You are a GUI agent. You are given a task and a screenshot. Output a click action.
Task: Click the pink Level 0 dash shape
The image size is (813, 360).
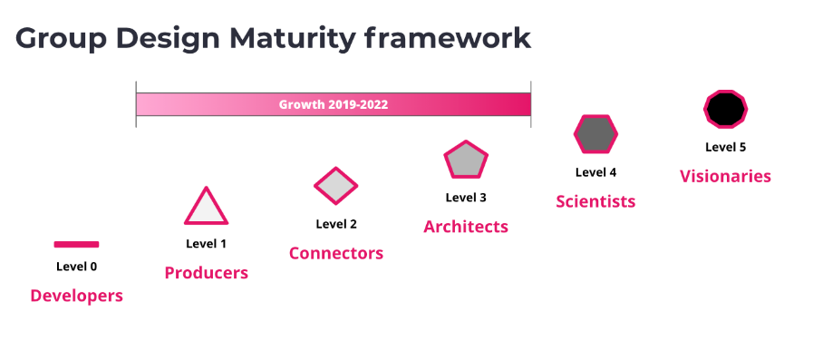click(76, 244)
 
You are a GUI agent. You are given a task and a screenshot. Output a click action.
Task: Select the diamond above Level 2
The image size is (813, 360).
click(336, 186)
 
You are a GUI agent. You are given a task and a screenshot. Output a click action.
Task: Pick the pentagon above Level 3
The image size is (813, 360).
click(466, 160)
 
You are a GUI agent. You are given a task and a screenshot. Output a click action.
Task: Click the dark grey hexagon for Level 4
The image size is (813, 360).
click(595, 134)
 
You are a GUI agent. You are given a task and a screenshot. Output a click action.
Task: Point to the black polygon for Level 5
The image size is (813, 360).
click(725, 109)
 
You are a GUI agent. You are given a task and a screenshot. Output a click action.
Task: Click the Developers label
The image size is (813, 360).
click(77, 296)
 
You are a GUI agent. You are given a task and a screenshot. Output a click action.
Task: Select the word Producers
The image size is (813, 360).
click(207, 273)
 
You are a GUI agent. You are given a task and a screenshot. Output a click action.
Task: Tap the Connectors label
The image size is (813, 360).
click(336, 253)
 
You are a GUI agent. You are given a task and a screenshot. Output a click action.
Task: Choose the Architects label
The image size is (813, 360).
click(466, 227)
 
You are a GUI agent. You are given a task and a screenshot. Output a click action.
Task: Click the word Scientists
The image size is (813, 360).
click(595, 201)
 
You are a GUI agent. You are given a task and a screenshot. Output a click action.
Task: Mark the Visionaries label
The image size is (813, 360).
click(725, 176)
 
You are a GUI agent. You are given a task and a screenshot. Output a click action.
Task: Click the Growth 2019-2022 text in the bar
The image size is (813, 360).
click(334, 104)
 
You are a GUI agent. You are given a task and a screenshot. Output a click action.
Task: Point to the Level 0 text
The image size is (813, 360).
click(77, 267)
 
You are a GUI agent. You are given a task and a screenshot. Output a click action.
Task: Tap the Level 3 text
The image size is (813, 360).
click(466, 198)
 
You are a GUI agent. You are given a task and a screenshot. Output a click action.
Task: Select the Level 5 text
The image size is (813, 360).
click(725, 147)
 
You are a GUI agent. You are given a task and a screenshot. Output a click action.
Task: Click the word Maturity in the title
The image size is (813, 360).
click(293, 39)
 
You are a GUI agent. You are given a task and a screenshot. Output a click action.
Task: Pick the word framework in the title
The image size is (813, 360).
click(448, 38)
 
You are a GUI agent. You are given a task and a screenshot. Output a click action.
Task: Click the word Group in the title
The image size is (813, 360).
click(61, 39)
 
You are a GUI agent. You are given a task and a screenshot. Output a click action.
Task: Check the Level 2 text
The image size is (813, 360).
click(336, 224)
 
